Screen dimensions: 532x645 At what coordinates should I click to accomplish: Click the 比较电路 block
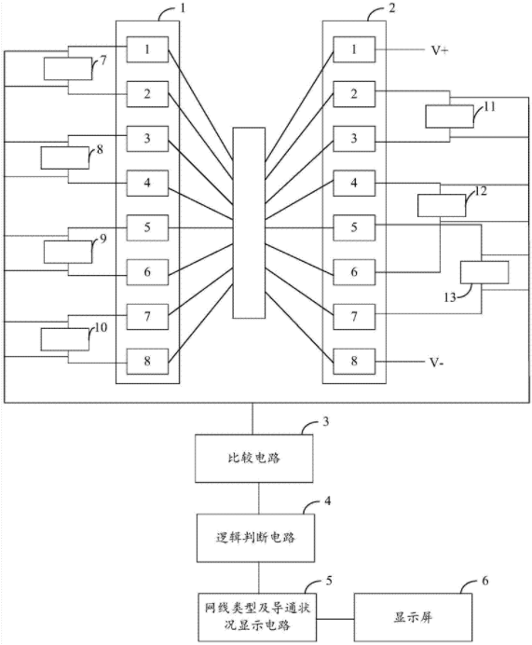[x=253, y=458]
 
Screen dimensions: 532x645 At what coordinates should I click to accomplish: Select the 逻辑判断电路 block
[x=255, y=538]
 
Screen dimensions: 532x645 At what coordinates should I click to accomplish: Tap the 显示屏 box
[x=413, y=617]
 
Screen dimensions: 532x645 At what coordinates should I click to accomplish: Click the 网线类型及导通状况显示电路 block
[x=257, y=617]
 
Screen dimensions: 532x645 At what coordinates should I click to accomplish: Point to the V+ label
[x=440, y=50]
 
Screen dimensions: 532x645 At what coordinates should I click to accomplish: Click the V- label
[x=437, y=363]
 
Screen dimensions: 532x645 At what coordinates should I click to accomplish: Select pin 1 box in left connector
[x=147, y=49]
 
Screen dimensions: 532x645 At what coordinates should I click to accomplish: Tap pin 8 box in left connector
[x=147, y=362]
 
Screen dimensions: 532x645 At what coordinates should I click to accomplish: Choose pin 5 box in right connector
[x=354, y=227]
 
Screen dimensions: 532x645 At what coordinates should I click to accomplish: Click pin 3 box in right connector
[x=354, y=139]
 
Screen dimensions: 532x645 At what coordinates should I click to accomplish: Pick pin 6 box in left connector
[x=147, y=272]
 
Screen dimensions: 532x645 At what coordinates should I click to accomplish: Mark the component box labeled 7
[x=68, y=69]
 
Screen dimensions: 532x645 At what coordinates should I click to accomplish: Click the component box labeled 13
[x=484, y=272]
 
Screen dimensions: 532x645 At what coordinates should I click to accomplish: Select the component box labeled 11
[x=449, y=117]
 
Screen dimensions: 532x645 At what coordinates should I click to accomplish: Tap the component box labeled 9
[x=68, y=252]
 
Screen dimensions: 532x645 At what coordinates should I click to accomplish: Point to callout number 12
[x=480, y=191]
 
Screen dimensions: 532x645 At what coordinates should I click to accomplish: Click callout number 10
[x=101, y=327]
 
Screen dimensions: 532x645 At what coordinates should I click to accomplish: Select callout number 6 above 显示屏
[x=485, y=581]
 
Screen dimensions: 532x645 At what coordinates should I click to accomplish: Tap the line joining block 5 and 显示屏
[x=335, y=618]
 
